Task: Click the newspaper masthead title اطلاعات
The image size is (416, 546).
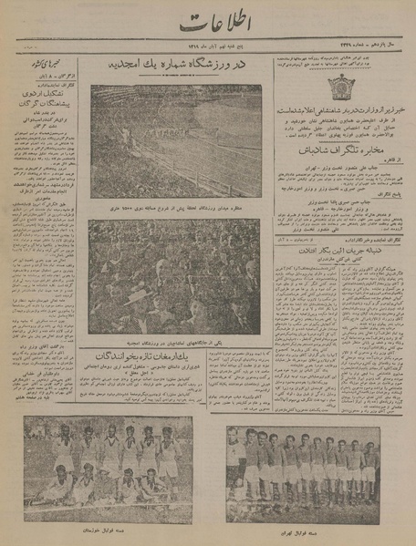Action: point(208,25)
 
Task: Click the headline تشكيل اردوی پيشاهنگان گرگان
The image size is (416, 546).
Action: point(47,101)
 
